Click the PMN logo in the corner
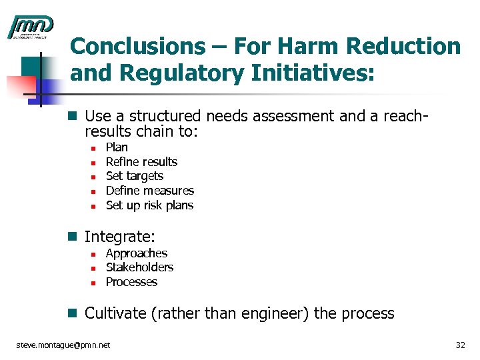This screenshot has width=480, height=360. click(30, 27)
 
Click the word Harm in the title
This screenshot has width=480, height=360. click(297, 47)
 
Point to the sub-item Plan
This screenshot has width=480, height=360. click(117, 147)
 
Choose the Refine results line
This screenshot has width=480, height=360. click(141, 162)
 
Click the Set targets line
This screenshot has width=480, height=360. click(134, 176)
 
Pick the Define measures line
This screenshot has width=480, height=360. click(149, 191)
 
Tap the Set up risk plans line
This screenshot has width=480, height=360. click(149, 205)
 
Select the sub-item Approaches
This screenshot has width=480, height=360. click(136, 253)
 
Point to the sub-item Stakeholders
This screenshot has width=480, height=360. click(139, 267)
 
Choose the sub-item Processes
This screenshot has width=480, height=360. click(131, 282)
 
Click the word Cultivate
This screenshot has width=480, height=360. click(116, 313)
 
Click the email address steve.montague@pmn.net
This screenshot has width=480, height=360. click(63, 345)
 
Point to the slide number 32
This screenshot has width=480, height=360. click(459, 345)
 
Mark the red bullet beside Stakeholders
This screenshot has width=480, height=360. click(93, 268)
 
